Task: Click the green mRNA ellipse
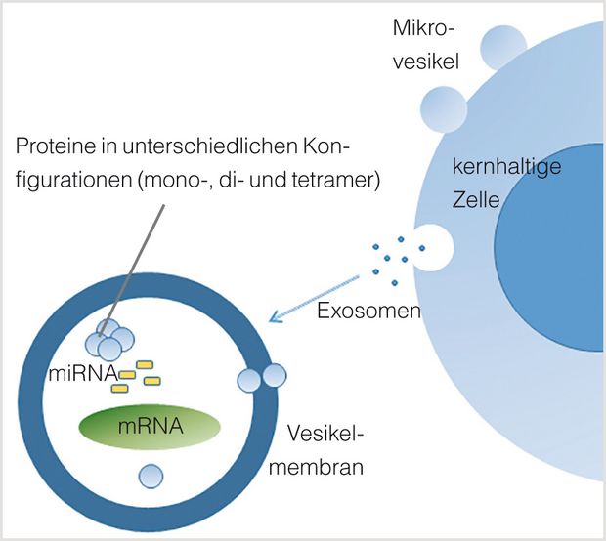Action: (x=150, y=427)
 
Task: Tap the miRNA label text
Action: (x=83, y=373)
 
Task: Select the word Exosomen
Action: (x=368, y=311)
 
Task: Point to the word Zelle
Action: (x=476, y=200)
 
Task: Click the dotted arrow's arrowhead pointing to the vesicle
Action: (x=276, y=316)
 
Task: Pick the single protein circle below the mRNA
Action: (x=151, y=477)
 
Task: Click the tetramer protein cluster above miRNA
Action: (x=109, y=340)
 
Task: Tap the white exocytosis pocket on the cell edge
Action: (x=433, y=247)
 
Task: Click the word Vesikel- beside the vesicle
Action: (x=325, y=434)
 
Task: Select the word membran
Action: (x=316, y=467)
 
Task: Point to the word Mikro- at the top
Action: (x=423, y=28)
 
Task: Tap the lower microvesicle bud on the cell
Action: (x=444, y=109)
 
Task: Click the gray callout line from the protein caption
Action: (x=132, y=270)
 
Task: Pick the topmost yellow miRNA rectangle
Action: (x=145, y=365)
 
